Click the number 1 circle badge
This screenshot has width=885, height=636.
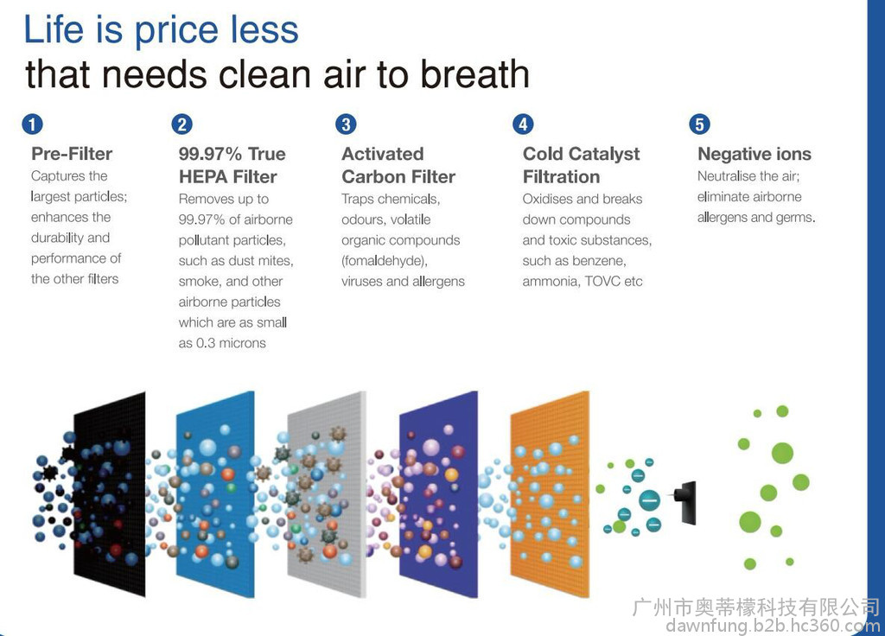pyautogui.click(x=32, y=124)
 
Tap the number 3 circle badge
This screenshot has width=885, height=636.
pyautogui.click(x=346, y=124)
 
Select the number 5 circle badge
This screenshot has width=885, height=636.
pyautogui.click(x=699, y=124)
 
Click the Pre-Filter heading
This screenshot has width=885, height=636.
pyautogui.click(x=72, y=154)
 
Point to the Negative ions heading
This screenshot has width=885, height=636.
pyautogui.click(x=754, y=154)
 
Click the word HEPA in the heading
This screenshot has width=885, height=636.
pyautogui.click(x=204, y=176)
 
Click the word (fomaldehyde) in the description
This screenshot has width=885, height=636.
pyautogui.click(x=385, y=261)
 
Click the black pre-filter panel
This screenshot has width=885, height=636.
pyautogui.click(x=109, y=493)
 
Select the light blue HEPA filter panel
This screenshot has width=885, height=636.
pyautogui.click(x=215, y=493)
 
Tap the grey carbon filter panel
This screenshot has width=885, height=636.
pyautogui.click(x=326, y=493)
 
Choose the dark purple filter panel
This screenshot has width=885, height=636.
pyautogui.click(x=438, y=493)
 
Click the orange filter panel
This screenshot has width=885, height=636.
pyautogui.click(x=550, y=493)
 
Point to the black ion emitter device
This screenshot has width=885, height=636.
pyautogui.click(x=686, y=502)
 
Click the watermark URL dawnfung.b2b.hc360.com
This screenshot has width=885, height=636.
pyautogui.click(x=773, y=626)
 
